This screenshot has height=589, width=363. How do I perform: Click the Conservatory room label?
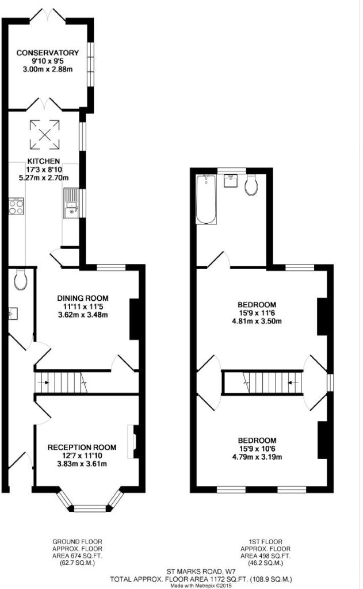[x=47, y=53]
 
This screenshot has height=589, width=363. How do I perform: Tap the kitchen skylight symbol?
[x=45, y=135]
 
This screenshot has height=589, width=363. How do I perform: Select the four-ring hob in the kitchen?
[x=16, y=206]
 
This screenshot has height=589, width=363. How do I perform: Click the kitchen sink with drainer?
[x=71, y=203]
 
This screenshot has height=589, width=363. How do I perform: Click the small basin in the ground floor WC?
[x=13, y=313]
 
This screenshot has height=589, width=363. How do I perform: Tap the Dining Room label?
[x=83, y=299]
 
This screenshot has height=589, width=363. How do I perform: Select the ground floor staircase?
[x=61, y=383]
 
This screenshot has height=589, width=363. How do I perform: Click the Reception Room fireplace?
[x=132, y=442]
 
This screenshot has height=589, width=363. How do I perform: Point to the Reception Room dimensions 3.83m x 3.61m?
[x=82, y=464]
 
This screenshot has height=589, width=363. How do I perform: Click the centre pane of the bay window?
[x=90, y=508]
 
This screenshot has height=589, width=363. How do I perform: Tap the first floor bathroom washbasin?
[x=230, y=181]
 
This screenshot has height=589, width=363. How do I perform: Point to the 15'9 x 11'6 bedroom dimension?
[x=257, y=313]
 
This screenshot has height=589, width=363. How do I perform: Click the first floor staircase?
[x=263, y=383]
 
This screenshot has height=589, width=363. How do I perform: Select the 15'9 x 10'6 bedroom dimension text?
[x=257, y=449]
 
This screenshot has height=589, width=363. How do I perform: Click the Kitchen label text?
[x=44, y=161]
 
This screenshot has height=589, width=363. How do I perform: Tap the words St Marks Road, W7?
[x=201, y=572]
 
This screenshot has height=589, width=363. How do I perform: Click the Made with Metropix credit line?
[x=201, y=585]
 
